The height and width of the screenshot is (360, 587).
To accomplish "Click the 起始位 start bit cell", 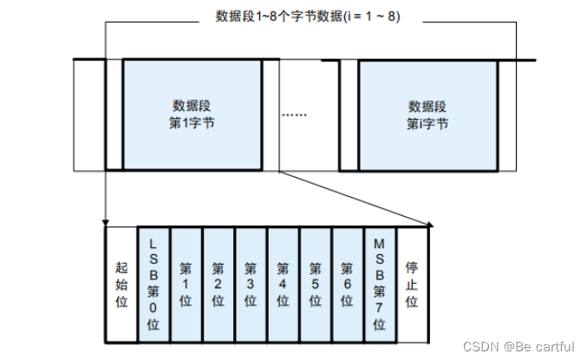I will coord(121,283).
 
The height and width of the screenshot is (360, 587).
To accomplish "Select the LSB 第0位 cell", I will coord(153,283).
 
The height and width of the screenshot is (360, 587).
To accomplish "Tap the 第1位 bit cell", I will coord(186,283).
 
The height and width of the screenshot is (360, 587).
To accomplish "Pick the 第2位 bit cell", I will coord(218,283).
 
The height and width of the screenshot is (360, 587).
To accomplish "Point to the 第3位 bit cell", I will coord(251,283).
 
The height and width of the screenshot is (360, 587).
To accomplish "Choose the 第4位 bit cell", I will coord(283,283).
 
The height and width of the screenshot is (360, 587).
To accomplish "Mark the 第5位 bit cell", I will coord(315,283).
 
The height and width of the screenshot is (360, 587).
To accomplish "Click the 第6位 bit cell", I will coord(347,283).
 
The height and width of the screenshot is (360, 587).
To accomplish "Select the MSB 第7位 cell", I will coord(379,283).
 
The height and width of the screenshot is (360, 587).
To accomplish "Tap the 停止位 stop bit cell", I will coord(412,283).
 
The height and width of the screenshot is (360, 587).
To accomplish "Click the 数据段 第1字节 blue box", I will coord(192,115).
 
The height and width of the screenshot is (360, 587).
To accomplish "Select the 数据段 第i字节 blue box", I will coord(427,115).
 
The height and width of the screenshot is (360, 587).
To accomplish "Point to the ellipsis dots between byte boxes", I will coord(295,115).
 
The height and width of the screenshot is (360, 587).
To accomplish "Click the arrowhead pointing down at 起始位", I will coord(105,222).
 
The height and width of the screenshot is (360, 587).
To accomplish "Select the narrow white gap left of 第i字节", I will coord(349,115).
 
